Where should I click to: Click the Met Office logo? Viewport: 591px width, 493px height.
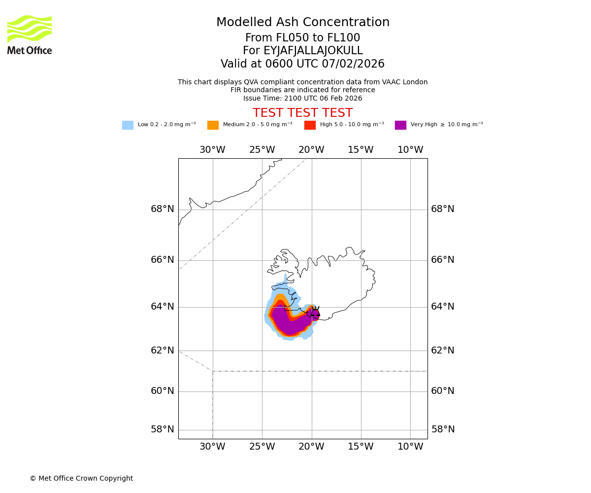(30, 35)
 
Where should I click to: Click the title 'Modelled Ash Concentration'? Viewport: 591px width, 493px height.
(303, 23)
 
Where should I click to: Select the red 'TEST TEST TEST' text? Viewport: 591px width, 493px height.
(302, 113)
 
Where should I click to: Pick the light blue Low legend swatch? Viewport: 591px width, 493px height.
(128, 125)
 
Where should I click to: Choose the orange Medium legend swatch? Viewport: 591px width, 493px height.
(213, 125)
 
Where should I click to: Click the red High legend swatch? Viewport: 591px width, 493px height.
(310, 125)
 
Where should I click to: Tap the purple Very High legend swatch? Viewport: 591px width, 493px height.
(400, 125)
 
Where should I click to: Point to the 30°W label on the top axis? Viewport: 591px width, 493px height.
(212, 150)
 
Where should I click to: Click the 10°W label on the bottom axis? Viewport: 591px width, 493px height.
(410, 447)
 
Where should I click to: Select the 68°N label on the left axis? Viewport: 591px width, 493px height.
(163, 209)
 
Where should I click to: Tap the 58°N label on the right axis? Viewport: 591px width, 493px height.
(443, 429)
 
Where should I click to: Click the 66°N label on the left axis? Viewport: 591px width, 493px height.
(163, 260)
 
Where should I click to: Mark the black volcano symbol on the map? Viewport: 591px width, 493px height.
(315, 312)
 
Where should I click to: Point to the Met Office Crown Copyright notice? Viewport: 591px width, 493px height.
(81, 479)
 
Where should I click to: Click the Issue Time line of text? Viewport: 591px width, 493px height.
(302, 98)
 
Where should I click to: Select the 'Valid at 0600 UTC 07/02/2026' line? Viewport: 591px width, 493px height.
(302, 64)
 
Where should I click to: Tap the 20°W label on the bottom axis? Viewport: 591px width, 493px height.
(311, 447)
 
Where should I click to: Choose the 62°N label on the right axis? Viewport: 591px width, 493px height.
(443, 351)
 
